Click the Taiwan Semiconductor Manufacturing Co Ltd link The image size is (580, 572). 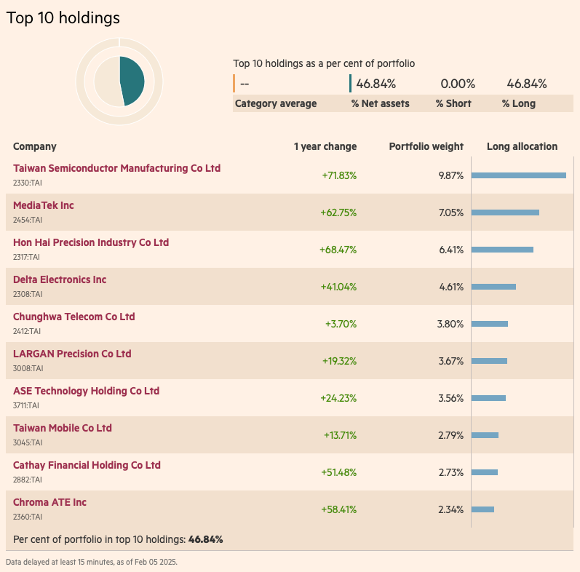[x=116, y=168]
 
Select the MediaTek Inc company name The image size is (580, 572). [x=44, y=205]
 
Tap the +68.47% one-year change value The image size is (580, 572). [x=338, y=250]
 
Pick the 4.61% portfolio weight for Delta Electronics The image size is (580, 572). [x=451, y=287]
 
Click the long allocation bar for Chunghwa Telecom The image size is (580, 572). [x=490, y=324]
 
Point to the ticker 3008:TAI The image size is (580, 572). [x=28, y=368]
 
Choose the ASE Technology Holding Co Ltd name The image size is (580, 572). [x=86, y=391]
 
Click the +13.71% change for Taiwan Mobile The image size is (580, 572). [x=340, y=435]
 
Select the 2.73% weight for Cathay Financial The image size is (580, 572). [x=451, y=472]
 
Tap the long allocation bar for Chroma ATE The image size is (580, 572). [x=483, y=509]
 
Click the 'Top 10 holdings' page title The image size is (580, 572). [x=63, y=18]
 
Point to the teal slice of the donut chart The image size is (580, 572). [x=134, y=80]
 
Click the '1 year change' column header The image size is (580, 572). [x=325, y=146]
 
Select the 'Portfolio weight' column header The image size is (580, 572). [x=426, y=146]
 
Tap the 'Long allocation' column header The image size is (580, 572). [x=522, y=146]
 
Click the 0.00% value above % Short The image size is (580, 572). [x=458, y=84]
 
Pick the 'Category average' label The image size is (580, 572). [x=276, y=103]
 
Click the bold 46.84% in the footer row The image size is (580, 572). [x=205, y=539]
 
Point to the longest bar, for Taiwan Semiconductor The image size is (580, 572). [x=519, y=175]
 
